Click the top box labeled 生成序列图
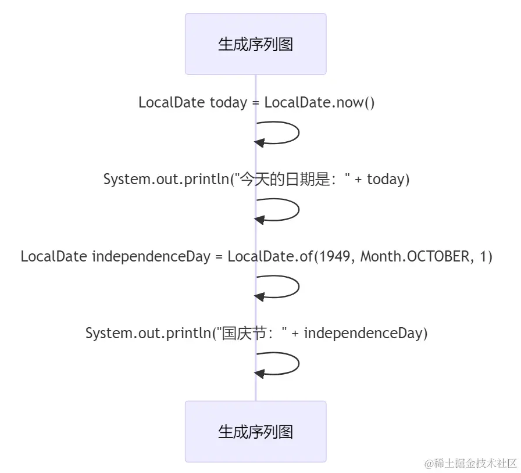pyautogui.click(x=256, y=44)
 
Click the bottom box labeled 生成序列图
pyautogui.click(x=256, y=431)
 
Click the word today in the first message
pyautogui.click(x=228, y=103)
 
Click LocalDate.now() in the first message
pyautogui.click(x=320, y=103)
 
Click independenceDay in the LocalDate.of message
pyautogui.click(x=151, y=256)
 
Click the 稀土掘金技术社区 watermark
pyautogui.click(x=470, y=463)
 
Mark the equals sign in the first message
pyautogui.click(x=255, y=103)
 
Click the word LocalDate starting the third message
pyautogui.click(x=54, y=256)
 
